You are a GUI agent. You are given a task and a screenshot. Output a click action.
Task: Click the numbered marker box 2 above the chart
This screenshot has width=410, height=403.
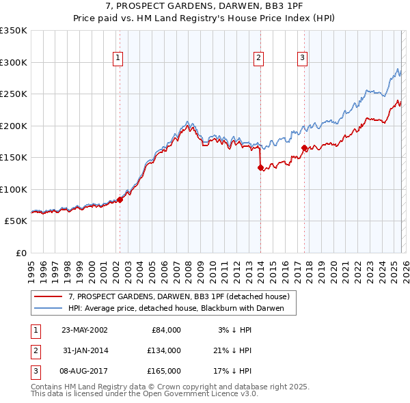click(259, 59)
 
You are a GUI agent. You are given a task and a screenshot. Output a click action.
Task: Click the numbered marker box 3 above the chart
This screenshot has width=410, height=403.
click(302, 59)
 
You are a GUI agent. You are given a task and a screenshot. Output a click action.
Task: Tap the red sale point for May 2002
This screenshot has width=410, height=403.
click(120, 199)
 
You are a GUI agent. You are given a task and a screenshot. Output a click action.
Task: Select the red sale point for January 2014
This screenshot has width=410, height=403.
click(260, 167)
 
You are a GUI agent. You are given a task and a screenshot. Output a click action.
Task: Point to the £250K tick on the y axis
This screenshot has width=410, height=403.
click(14, 94)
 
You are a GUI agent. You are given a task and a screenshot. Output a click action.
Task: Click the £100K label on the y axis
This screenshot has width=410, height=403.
click(14, 189)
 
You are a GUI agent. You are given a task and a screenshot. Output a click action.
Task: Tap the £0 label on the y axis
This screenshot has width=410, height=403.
click(20, 253)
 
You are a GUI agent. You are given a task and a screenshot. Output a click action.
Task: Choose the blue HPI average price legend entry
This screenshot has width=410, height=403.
click(181, 308)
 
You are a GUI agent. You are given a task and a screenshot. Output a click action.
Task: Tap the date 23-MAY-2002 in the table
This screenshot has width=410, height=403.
click(84, 330)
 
